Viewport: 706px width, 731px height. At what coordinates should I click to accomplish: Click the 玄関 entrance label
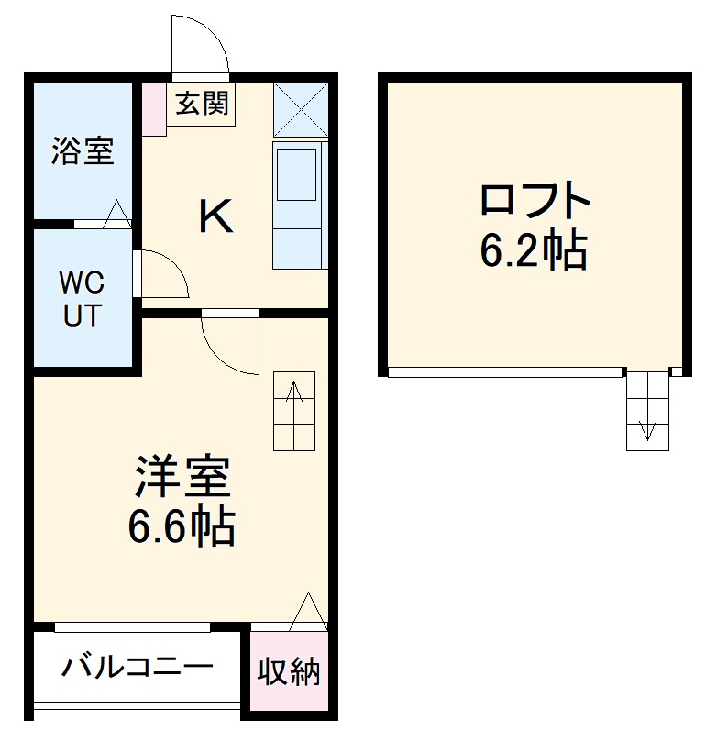pyautogui.click(x=201, y=105)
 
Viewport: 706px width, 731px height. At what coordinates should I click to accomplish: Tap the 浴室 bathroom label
pyautogui.click(x=83, y=151)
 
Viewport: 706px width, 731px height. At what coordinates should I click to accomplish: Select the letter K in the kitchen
pyautogui.click(x=216, y=216)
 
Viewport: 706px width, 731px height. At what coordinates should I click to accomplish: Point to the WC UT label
pyautogui.click(x=83, y=297)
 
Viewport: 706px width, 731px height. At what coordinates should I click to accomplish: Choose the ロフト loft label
pyautogui.click(x=534, y=200)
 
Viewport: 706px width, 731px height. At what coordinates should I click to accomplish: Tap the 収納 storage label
pyautogui.click(x=288, y=673)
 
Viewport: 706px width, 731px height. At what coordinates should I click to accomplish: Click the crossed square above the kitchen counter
pyautogui.click(x=300, y=109)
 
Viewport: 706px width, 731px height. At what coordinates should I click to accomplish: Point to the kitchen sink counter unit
pyautogui.click(x=299, y=204)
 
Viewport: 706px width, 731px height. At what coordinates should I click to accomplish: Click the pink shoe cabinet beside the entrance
pyautogui.click(x=154, y=109)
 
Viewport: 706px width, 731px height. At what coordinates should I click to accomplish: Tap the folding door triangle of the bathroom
pyautogui.click(x=117, y=215)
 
